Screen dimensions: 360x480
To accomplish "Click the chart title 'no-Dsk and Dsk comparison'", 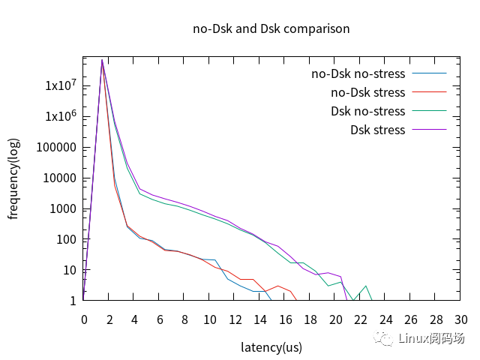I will (271, 29).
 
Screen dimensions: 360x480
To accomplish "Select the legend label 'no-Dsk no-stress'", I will (358, 74).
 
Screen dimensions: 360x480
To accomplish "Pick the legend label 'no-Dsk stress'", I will (367, 93).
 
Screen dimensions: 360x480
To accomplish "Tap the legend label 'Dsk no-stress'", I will (367, 112).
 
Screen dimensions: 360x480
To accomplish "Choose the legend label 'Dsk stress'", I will (377, 130).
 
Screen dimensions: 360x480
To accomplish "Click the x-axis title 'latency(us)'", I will (271, 347).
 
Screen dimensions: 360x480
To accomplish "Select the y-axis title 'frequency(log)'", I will (13, 178).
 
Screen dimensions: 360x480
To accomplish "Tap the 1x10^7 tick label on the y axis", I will (61, 86).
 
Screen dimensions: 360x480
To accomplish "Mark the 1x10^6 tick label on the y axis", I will (61, 117).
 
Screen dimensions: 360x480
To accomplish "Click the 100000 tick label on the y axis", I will (58, 148).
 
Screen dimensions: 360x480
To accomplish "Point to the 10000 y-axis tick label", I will (61, 178).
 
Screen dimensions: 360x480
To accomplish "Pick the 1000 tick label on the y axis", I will (64, 209).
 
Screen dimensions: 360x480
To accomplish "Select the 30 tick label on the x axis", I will (460, 319).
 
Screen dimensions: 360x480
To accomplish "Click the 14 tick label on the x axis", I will (259, 319).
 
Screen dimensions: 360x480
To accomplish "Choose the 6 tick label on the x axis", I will (159, 319).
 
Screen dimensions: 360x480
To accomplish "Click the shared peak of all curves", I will (102, 60).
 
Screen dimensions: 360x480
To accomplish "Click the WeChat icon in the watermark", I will (385, 339).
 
